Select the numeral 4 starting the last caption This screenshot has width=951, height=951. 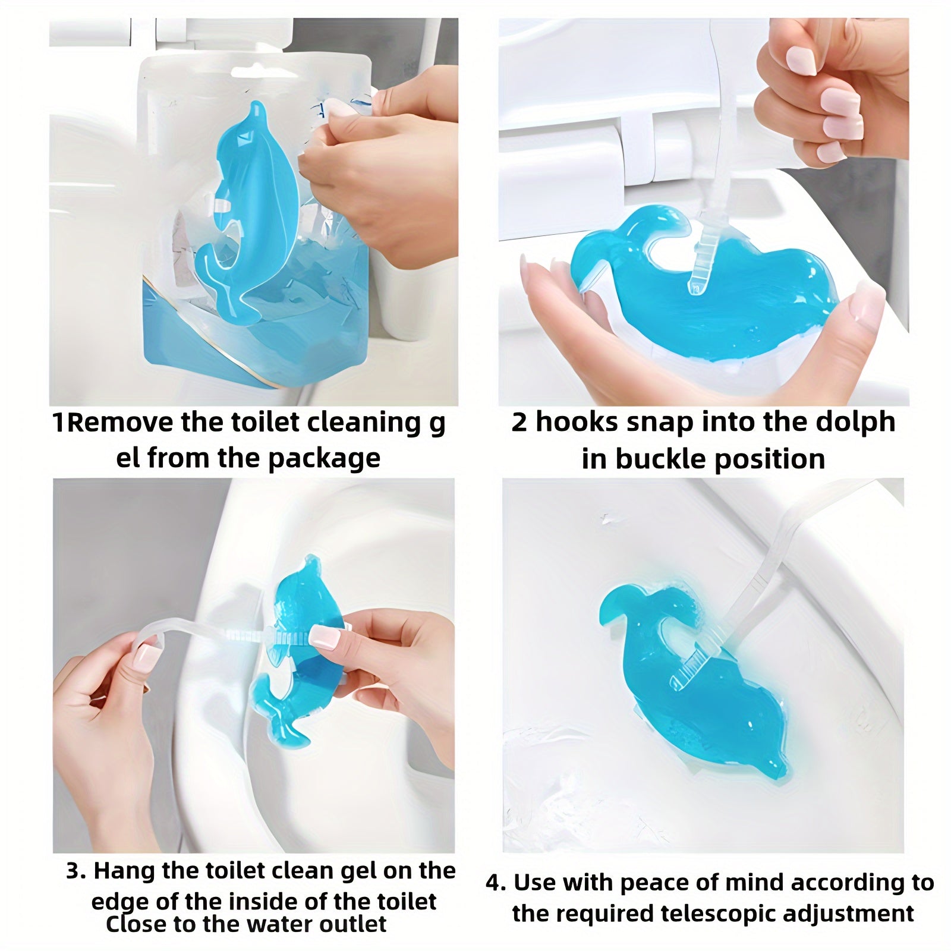493,883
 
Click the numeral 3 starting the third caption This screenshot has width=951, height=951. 74,871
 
